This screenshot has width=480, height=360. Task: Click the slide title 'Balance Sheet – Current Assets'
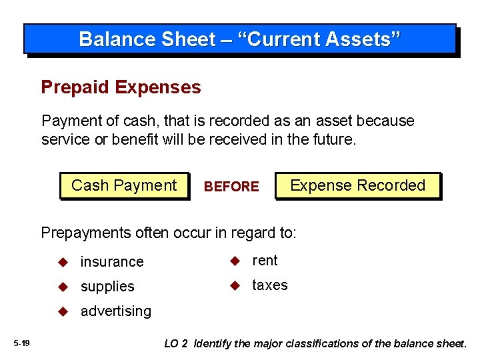(240, 39)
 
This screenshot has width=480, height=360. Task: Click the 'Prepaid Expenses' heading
(121, 87)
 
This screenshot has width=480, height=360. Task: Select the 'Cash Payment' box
(124, 185)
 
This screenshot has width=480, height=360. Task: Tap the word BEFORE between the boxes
(231, 187)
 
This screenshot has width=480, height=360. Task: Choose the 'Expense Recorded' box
(357, 185)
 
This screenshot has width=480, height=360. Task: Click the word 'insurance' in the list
(112, 262)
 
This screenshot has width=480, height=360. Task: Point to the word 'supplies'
(107, 287)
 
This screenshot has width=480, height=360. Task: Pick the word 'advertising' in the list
(116, 311)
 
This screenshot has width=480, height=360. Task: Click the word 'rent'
(265, 261)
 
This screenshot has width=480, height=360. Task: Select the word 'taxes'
(270, 285)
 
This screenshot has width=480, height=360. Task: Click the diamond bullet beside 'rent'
(235, 261)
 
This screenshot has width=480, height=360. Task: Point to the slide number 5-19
(21, 343)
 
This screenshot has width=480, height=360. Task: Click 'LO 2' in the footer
(176, 343)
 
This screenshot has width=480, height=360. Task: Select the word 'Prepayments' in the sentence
(81, 233)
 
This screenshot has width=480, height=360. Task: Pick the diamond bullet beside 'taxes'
(235, 285)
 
